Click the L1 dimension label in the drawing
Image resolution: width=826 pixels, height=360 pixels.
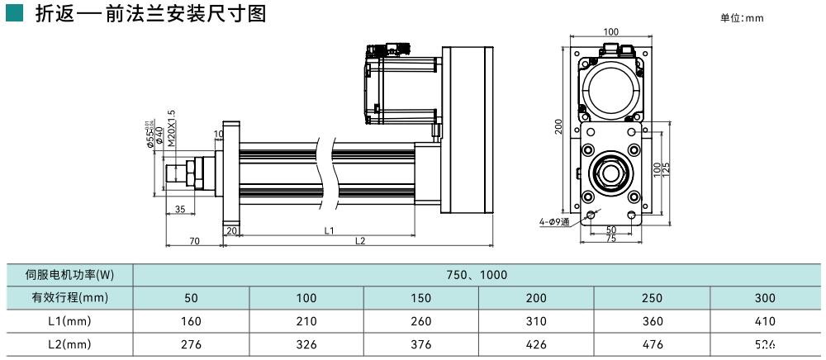(329, 230)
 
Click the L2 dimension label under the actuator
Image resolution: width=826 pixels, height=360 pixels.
(360, 241)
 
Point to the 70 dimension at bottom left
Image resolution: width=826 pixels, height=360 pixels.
(194, 241)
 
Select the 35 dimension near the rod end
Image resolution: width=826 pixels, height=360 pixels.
(180, 210)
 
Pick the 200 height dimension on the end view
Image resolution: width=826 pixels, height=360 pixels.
(559, 126)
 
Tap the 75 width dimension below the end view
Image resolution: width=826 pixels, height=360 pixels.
(610, 239)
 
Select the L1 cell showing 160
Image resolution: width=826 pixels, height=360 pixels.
(191, 320)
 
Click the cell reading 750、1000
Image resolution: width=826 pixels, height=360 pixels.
(478, 274)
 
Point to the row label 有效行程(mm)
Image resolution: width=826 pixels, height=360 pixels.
(70, 297)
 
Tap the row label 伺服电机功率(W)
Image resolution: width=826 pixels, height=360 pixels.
(70, 274)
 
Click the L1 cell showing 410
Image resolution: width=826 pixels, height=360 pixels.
(766, 320)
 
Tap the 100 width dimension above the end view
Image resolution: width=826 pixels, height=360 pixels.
(610, 32)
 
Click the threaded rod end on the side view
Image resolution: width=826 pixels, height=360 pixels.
(176, 173)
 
